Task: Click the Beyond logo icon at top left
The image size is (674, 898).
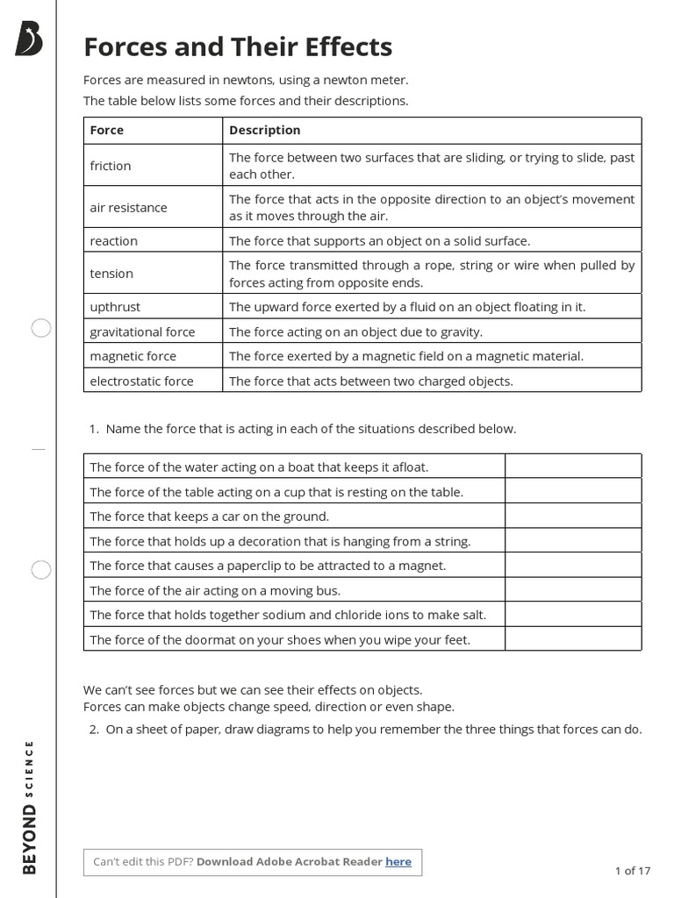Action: click(28, 39)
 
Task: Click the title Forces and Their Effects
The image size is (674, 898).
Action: click(238, 46)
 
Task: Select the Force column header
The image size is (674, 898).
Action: click(107, 130)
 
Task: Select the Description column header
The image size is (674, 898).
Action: click(264, 130)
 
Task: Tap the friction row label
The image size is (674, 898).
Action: click(111, 166)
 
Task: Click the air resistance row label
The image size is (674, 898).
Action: click(128, 208)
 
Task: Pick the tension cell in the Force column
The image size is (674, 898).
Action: click(111, 274)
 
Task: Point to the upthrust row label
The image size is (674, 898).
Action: click(115, 307)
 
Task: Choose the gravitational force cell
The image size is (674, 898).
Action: click(142, 331)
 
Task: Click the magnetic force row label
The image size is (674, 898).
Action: click(133, 356)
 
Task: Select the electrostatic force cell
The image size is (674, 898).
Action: click(141, 381)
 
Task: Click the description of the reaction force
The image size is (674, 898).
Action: click(379, 240)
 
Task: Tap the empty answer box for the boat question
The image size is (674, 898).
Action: click(572, 467)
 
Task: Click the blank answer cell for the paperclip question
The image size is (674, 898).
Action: click(572, 566)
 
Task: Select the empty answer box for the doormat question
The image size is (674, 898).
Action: click(572, 639)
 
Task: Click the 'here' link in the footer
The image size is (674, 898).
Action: click(398, 861)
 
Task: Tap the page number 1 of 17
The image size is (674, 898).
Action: click(632, 871)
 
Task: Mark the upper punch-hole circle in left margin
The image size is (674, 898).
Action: click(41, 329)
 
